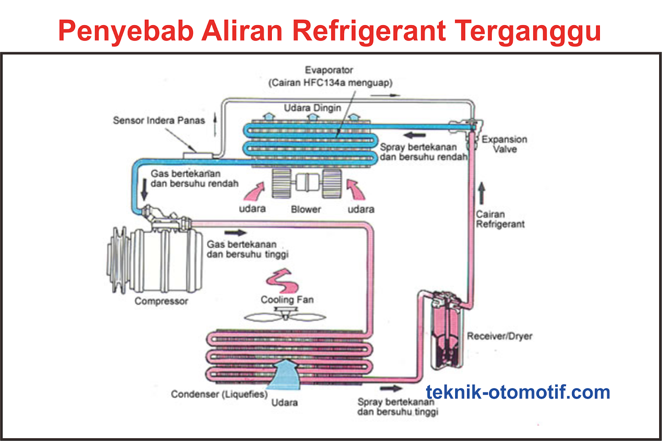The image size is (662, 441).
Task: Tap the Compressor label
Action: pos(161,301)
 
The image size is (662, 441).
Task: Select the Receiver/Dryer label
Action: pos(499,336)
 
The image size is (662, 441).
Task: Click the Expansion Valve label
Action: pos(504,144)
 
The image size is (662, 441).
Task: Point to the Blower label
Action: pos(306,209)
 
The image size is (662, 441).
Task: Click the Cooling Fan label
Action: pos(287,299)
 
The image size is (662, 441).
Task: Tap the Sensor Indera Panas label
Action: pos(159,120)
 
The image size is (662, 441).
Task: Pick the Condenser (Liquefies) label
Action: pos(219,394)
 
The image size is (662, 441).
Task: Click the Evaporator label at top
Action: pos(329,70)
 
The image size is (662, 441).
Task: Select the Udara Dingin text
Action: pos(312,107)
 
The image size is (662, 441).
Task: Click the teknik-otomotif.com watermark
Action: pos(518,392)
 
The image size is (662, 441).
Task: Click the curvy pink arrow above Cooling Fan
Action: pos(283,281)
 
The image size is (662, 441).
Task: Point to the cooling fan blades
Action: pos(285,317)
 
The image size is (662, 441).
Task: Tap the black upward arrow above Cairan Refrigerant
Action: pos(481,193)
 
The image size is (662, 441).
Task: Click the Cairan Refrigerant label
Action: pos(500,219)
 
